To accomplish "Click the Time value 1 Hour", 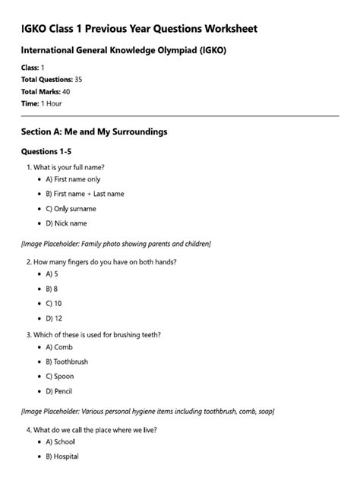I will click(x=52, y=103).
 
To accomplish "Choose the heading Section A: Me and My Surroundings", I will click(x=94, y=131).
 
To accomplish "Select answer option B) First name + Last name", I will click(x=84, y=194).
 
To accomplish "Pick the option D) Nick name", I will click(x=66, y=223).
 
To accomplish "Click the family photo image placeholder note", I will click(x=116, y=244).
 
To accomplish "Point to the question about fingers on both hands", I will click(x=106, y=262).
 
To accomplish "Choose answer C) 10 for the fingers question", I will click(x=53, y=303).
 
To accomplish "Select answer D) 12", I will click(x=53, y=318).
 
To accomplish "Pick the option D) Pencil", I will click(x=59, y=392).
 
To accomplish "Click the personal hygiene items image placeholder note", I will click(x=148, y=412).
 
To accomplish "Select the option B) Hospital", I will click(x=62, y=456).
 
